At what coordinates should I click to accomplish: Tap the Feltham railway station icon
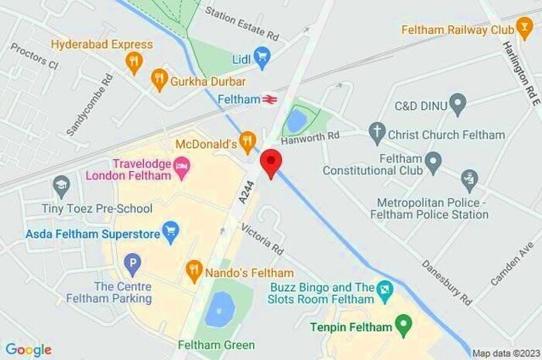tap(269, 100)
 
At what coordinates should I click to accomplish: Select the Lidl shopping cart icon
tap(262, 55)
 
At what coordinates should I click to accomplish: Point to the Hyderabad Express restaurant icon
tap(135, 62)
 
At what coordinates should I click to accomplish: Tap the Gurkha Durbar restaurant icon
tap(159, 77)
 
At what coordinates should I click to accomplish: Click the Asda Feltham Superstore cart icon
tap(170, 231)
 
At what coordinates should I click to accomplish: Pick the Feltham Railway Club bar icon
tap(525, 30)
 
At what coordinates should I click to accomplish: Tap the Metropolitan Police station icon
tap(469, 180)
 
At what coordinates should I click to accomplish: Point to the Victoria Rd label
tap(263, 239)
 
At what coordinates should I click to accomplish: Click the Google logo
tap(28, 349)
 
